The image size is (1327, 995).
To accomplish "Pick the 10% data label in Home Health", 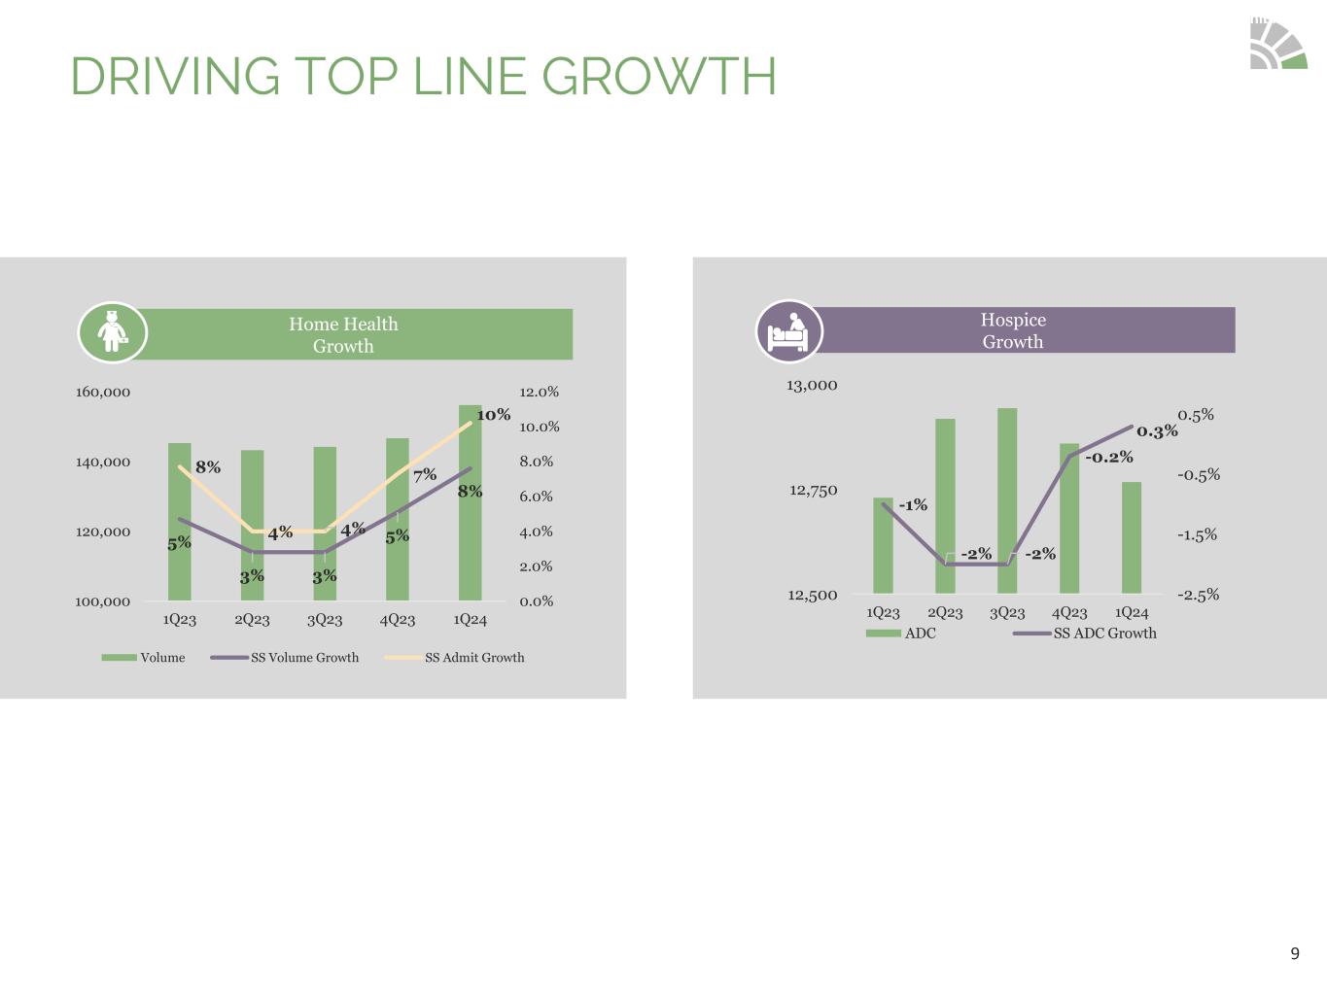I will pyautogui.click(x=493, y=415).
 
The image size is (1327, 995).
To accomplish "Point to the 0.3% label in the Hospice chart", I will pyautogui.click(x=1157, y=431).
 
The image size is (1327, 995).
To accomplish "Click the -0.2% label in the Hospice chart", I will pyautogui.click(x=1109, y=457).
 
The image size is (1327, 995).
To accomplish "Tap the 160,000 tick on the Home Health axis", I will pyautogui.click(x=103, y=393).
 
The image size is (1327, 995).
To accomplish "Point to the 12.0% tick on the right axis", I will pyautogui.click(x=539, y=393).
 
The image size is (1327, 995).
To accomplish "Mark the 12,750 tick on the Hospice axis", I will pyautogui.click(x=813, y=491).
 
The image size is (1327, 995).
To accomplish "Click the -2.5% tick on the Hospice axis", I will pyautogui.click(x=1198, y=595).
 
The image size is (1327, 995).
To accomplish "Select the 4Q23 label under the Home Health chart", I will pyautogui.click(x=398, y=620).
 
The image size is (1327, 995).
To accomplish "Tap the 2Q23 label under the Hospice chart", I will pyautogui.click(x=945, y=613).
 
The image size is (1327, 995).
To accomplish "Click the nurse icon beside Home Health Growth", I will pyautogui.click(x=113, y=332).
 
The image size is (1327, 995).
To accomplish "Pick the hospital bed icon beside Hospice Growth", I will pyautogui.click(x=788, y=331).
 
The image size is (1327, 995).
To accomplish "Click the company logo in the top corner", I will pyautogui.click(x=1277, y=45).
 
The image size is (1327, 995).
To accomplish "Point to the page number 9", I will pyautogui.click(x=1294, y=954).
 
